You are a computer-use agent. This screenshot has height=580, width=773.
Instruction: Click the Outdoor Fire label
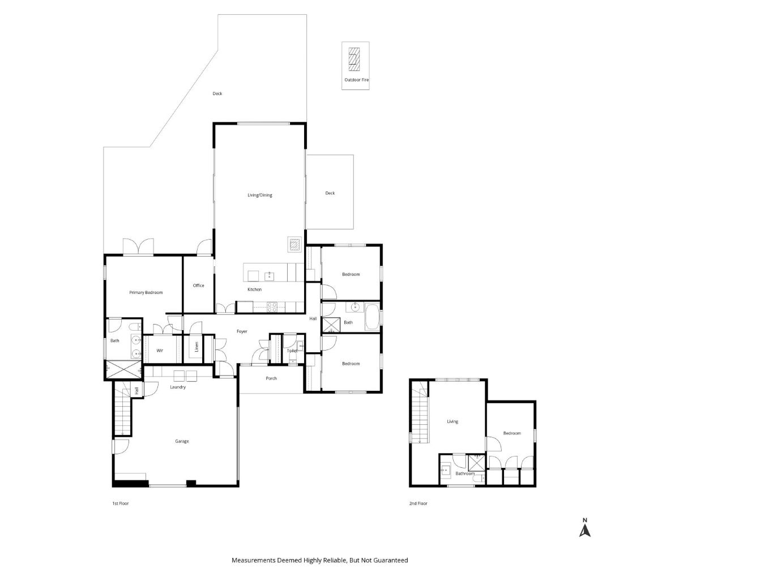pyautogui.click(x=356, y=80)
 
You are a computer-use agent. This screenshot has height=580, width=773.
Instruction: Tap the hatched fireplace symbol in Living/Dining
pyautogui.click(x=294, y=244)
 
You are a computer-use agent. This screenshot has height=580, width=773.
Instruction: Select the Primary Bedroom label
pyautogui.click(x=146, y=293)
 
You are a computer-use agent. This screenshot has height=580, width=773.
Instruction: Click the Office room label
pyautogui.click(x=198, y=285)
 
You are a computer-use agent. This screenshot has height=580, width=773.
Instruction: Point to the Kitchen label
pyautogui.click(x=254, y=289)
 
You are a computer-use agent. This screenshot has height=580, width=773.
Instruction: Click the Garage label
pyautogui.click(x=182, y=441)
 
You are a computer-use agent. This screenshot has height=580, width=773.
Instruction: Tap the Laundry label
pyautogui.click(x=177, y=387)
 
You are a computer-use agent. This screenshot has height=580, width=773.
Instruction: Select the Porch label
pyautogui.click(x=271, y=378)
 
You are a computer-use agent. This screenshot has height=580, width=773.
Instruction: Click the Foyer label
pyautogui.click(x=242, y=331)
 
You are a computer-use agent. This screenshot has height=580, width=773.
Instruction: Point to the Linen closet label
pyautogui.click(x=197, y=347)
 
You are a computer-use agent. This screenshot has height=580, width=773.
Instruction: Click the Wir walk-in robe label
pyautogui.click(x=160, y=351)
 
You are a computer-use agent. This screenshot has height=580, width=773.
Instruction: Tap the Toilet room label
pyautogui.click(x=292, y=351)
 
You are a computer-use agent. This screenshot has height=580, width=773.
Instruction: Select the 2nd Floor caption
pyautogui.click(x=418, y=504)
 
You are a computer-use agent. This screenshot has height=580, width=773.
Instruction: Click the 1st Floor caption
pyautogui.click(x=121, y=504)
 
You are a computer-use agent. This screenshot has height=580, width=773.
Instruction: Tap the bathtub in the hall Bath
pyautogui.click(x=371, y=317)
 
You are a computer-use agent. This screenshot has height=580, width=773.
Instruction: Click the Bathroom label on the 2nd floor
pyautogui.click(x=465, y=474)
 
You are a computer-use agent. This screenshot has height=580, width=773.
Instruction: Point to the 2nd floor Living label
pyautogui.click(x=452, y=421)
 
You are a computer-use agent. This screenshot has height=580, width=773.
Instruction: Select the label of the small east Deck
pyautogui.click(x=330, y=193)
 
